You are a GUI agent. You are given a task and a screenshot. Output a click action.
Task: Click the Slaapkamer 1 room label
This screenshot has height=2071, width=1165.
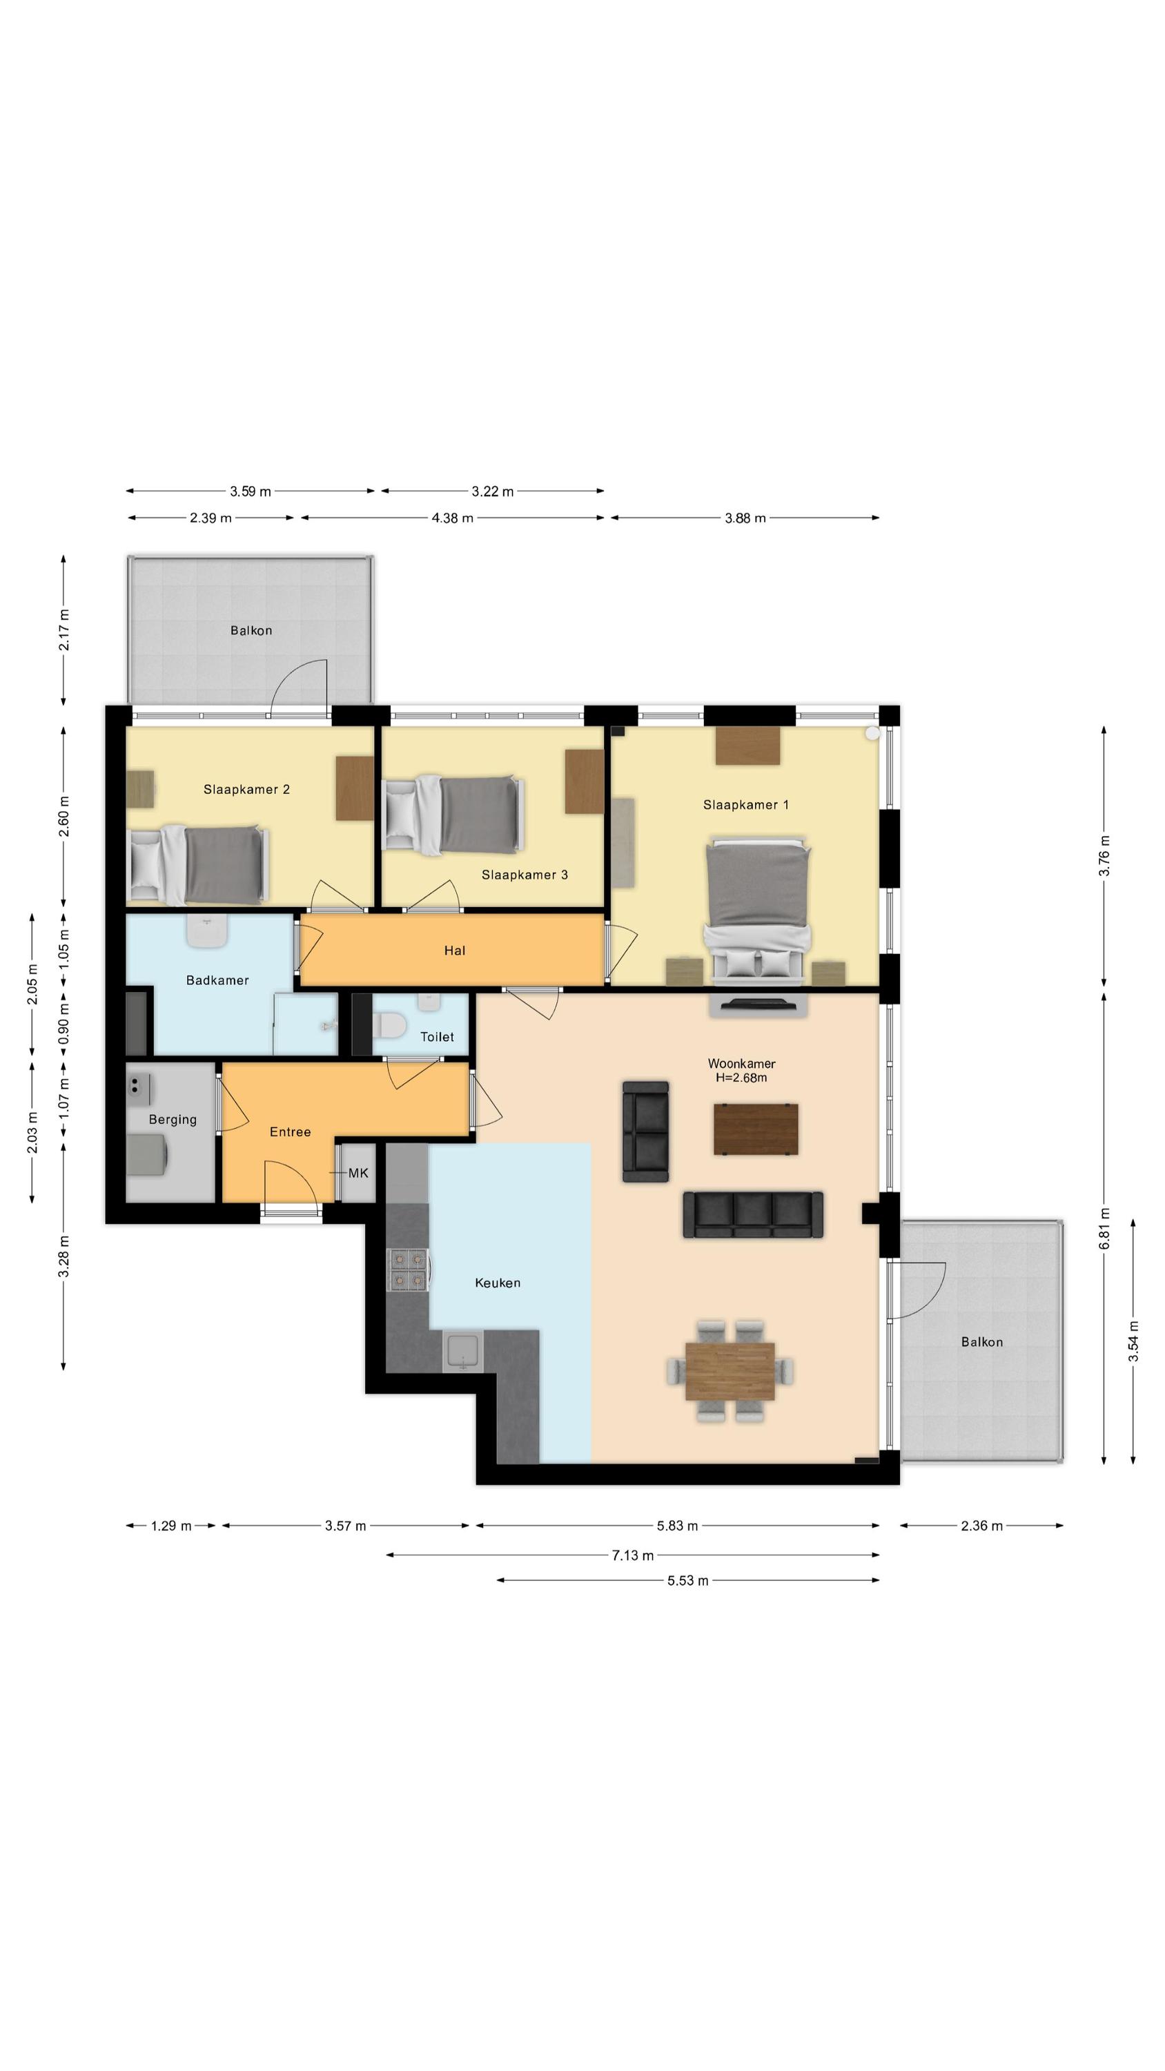point(745,804)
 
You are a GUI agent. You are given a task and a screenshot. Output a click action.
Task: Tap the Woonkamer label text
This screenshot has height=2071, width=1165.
point(741,1063)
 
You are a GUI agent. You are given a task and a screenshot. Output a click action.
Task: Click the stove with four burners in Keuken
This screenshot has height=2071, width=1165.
point(409,1269)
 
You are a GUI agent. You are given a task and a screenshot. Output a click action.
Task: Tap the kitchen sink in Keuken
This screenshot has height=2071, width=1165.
point(462,1352)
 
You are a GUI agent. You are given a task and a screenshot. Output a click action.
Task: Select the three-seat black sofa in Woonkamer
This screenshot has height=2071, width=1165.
point(752,1215)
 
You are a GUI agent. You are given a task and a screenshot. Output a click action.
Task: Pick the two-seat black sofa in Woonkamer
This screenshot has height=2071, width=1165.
point(645,1132)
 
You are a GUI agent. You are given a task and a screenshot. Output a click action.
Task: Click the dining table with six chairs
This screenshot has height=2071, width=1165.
point(730,1371)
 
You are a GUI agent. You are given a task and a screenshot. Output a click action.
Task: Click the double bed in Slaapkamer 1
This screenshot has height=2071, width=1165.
point(756,911)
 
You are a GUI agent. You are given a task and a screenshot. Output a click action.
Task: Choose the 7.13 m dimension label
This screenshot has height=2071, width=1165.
point(633,1555)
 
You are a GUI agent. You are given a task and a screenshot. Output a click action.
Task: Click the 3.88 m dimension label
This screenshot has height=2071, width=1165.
point(745,518)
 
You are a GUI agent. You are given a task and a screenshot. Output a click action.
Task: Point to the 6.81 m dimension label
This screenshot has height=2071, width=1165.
point(1105,1229)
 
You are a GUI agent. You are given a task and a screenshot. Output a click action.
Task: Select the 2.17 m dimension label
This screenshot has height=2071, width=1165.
point(64,630)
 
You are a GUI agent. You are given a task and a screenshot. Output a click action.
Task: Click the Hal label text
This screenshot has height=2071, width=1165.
point(454,951)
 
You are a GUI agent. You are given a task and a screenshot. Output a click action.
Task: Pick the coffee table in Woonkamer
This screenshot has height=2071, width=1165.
point(756,1129)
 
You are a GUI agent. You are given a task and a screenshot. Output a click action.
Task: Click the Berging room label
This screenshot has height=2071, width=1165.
point(172,1119)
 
